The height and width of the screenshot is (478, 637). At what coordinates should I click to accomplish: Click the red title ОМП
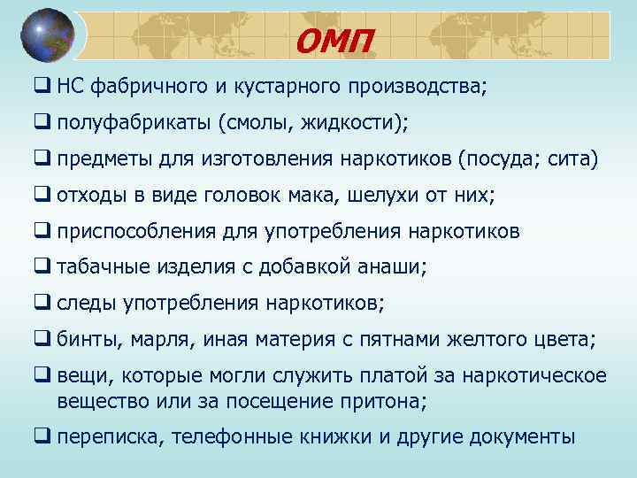(x=335, y=39)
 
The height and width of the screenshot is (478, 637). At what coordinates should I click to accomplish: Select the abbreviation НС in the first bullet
(x=69, y=87)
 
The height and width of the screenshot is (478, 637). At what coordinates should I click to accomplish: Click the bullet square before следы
(x=42, y=303)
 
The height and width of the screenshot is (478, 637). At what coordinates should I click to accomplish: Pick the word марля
(x=162, y=340)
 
